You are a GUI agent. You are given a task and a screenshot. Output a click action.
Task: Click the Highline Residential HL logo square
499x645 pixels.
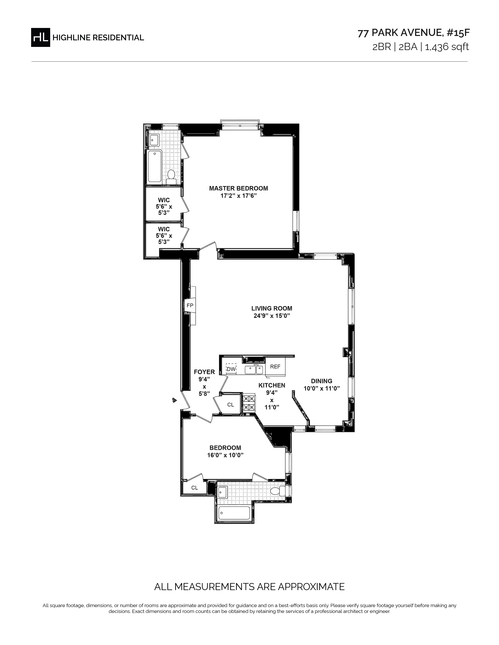coord(41,37)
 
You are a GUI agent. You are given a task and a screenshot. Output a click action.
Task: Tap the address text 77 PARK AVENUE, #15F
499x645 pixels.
coord(413,33)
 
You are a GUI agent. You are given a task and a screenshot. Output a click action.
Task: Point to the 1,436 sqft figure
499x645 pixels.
coord(447,47)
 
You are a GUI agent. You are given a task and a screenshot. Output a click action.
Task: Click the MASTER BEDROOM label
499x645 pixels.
coord(239,188)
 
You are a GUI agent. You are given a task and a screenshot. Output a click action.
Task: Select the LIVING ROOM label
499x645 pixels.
coord(272,308)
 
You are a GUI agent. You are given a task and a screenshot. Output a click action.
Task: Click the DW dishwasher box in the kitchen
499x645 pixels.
coord(231,369)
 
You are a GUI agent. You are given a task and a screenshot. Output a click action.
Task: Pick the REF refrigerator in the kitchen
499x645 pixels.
coord(275,366)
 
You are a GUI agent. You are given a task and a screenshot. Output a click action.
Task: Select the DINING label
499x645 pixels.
coord(322,381)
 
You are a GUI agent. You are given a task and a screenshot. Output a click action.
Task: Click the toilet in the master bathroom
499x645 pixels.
coord(171,175)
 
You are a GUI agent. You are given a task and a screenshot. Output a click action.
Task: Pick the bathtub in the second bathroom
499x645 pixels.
coord(234,513)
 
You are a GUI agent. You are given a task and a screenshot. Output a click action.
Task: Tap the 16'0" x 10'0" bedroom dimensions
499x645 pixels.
coord(225,455)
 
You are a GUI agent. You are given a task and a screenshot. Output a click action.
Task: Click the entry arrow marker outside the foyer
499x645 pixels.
coord(174,400)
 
